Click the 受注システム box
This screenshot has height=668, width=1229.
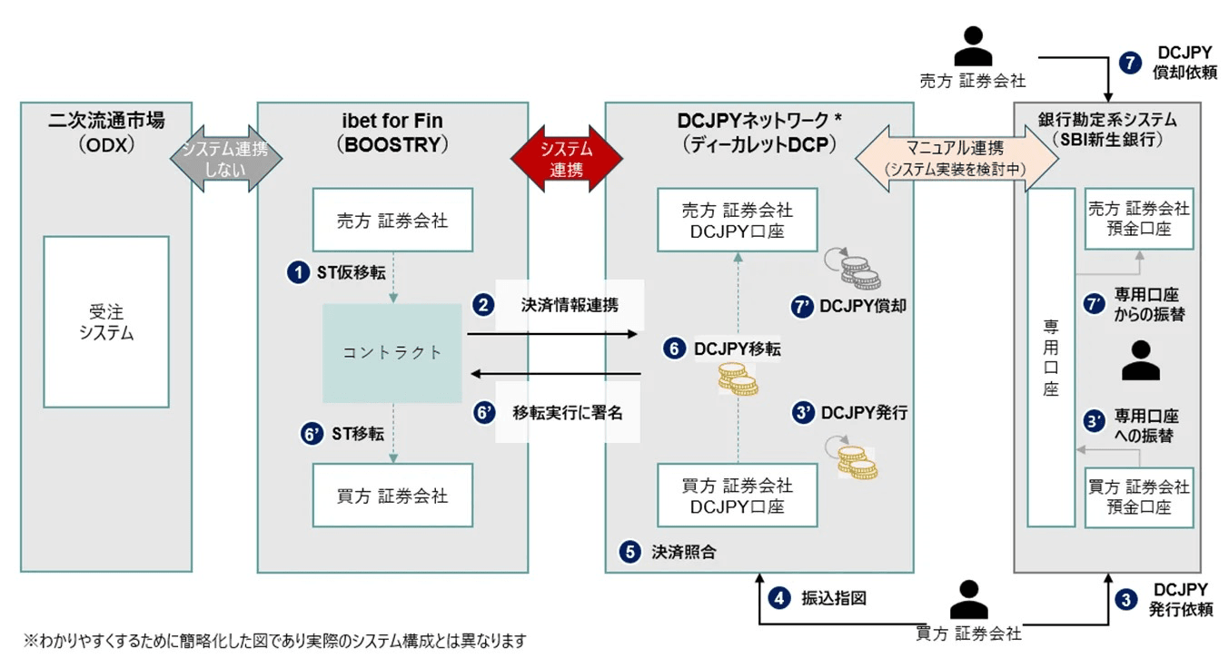coord(106,321)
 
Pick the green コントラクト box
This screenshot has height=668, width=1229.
coord(392,353)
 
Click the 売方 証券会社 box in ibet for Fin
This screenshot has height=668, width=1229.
coord(392,220)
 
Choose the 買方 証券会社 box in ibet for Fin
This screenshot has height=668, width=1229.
coord(392,496)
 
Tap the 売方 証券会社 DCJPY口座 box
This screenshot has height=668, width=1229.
coord(737,221)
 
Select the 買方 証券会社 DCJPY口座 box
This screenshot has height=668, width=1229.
coord(737,496)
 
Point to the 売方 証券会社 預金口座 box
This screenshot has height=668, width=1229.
coord(1138,220)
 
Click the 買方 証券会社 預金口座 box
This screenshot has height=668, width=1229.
coord(1138,497)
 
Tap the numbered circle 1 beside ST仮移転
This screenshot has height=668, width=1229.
coord(296,272)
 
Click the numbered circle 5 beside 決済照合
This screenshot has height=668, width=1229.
coord(629,551)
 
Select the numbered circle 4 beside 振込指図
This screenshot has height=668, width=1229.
coord(778,598)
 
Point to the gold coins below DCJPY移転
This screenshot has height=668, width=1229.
coord(738,378)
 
